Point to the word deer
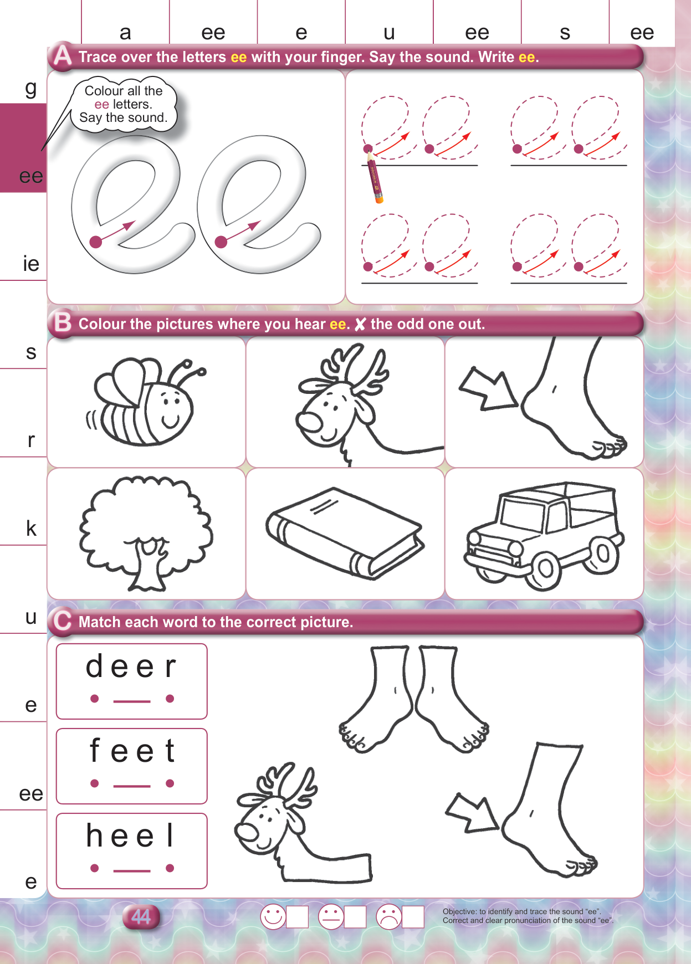coord(131,666)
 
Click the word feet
coord(132,751)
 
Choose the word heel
coord(131,835)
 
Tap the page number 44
coord(141,917)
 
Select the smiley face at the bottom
coord(273,916)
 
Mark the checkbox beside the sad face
coord(413,917)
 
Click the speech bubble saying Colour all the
coord(124,105)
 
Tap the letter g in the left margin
coord(31,89)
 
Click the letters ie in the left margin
coord(31,263)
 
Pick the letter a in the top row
coord(125,33)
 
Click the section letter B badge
coord(62,322)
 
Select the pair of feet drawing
coord(413,699)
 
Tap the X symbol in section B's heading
coord(360,325)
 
